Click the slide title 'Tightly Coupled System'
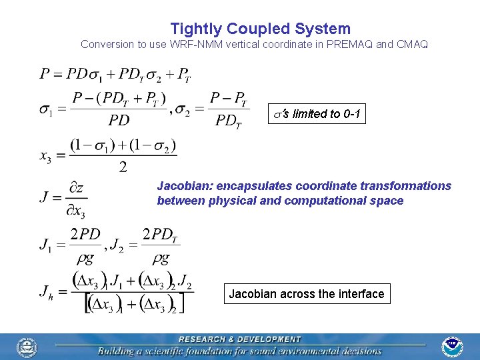pos(260,29)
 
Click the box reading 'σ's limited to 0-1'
pos(317,114)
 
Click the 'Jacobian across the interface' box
pos(307,294)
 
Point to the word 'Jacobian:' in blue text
pos(183,186)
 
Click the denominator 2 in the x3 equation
pos(123,167)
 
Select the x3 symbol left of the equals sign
pos(45,157)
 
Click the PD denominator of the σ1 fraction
pos(119,121)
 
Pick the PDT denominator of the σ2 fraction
pos(228,121)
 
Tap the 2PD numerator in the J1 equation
pos(85,235)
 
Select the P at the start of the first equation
pos(45,73)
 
